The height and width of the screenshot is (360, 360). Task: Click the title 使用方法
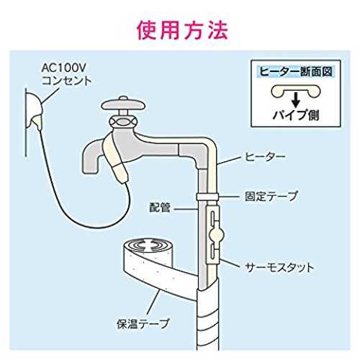(182, 30)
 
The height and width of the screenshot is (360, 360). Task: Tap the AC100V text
(63, 68)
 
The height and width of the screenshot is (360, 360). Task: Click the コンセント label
(66, 81)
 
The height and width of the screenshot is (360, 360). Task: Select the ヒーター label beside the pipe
(265, 157)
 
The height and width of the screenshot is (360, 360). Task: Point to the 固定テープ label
(271, 196)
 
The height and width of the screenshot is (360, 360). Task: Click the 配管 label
(160, 208)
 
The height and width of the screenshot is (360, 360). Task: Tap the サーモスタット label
(279, 267)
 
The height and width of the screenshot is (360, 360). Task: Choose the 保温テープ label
(143, 323)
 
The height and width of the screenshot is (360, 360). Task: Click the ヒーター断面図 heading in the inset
(296, 71)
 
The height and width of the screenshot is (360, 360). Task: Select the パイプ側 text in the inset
(296, 115)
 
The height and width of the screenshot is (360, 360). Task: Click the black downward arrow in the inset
(296, 100)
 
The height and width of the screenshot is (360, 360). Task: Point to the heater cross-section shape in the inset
(296, 91)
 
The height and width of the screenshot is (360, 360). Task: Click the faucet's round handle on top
(123, 105)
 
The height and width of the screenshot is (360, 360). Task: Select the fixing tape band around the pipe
(207, 197)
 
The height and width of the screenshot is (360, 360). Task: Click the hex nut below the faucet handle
(123, 122)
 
